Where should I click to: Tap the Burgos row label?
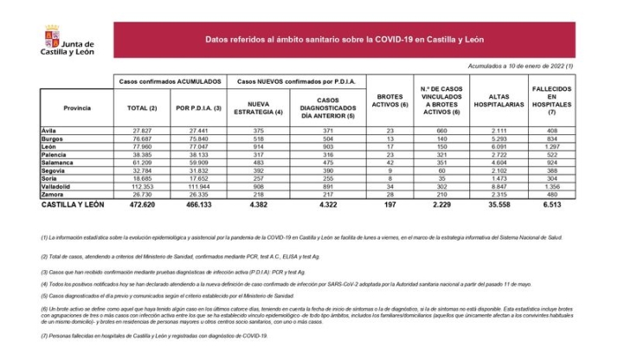(x=53, y=138)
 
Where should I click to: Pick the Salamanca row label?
(x=58, y=162)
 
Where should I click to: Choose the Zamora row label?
(x=54, y=196)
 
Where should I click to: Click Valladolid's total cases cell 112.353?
(x=140, y=186)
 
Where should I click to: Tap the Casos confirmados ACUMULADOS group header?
(x=170, y=80)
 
